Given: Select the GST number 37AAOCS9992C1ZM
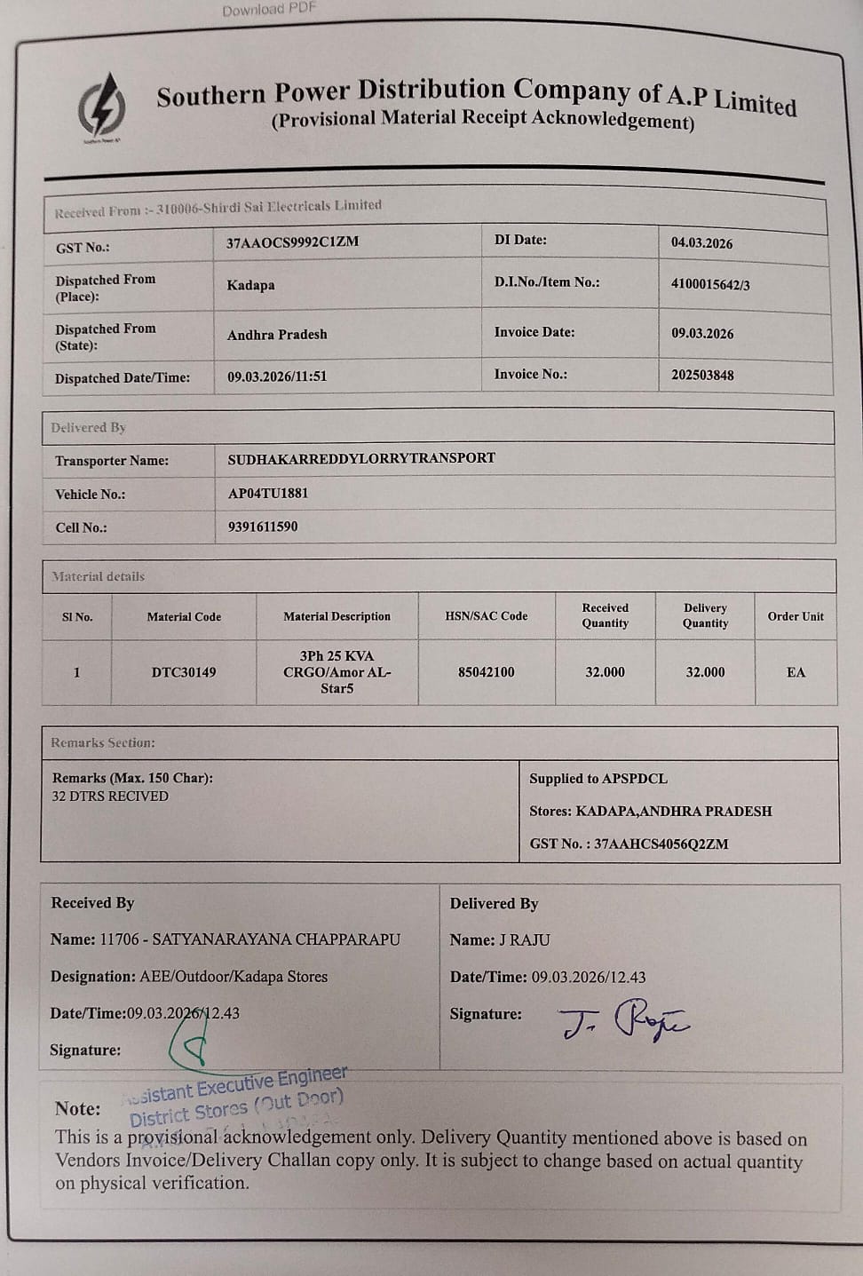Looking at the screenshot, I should pyautogui.click(x=292, y=242).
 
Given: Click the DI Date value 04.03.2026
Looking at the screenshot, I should pyautogui.click(x=701, y=242).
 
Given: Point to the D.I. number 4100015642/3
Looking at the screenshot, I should pyautogui.click(x=710, y=284).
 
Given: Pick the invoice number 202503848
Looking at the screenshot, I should pyautogui.click(x=702, y=375).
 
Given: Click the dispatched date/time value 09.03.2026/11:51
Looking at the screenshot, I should pyautogui.click(x=277, y=376).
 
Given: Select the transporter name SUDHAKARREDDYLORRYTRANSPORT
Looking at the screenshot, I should pyautogui.click(x=361, y=458).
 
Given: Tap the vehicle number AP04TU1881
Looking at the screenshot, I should pyautogui.click(x=268, y=493).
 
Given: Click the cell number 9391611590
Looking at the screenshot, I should pyautogui.click(x=263, y=527).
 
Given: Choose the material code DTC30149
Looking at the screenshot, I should pyautogui.click(x=184, y=672).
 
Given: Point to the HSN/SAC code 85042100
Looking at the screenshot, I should pyautogui.click(x=487, y=672).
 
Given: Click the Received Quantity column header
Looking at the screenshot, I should pyautogui.click(x=606, y=615).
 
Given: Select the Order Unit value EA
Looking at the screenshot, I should pyautogui.click(x=796, y=672).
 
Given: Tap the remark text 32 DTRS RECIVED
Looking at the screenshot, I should pyautogui.click(x=110, y=797).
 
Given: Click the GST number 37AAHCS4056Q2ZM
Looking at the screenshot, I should pyautogui.click(x=661, y=844).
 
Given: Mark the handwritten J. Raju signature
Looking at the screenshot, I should pyautogui.click(x=623, y=1021).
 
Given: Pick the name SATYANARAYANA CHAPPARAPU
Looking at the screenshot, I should pyautogui.click(x=276, y=939).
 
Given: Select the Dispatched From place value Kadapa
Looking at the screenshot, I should pyautogui.click(x=250, y=285).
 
